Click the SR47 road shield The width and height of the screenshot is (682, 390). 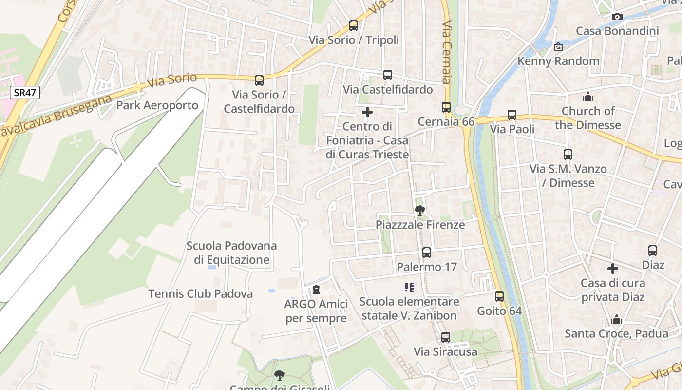coord(24,93)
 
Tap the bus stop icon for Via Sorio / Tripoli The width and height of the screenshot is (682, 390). coord(354,26)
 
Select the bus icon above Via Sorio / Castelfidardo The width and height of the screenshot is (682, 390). coord(259,80)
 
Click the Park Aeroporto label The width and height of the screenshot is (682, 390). coord(157,105)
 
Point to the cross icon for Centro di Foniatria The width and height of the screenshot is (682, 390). coord(367,113)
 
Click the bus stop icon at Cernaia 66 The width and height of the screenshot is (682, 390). coord(446,107)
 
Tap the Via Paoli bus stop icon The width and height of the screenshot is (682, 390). coord(512,115)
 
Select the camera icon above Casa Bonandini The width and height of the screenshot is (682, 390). coord(617,17)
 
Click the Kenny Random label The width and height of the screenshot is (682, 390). coord(558,61)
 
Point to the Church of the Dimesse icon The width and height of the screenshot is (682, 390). coord(588,97)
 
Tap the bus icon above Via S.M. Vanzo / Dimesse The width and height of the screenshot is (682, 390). coord(568,155)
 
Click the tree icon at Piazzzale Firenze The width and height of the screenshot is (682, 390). coord(419,211)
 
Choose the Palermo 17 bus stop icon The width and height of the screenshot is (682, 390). coord(427,253)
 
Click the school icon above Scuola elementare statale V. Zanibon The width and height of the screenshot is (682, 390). coord(409,287)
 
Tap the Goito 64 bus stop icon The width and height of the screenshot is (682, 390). coord(499,296)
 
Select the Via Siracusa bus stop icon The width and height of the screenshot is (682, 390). coord(446,337)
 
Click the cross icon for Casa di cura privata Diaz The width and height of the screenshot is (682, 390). coord(613,269)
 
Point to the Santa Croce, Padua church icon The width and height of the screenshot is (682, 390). coord(617,320)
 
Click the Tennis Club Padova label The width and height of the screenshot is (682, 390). coord(201,294)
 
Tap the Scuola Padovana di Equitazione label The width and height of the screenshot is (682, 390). coord(231,253)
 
